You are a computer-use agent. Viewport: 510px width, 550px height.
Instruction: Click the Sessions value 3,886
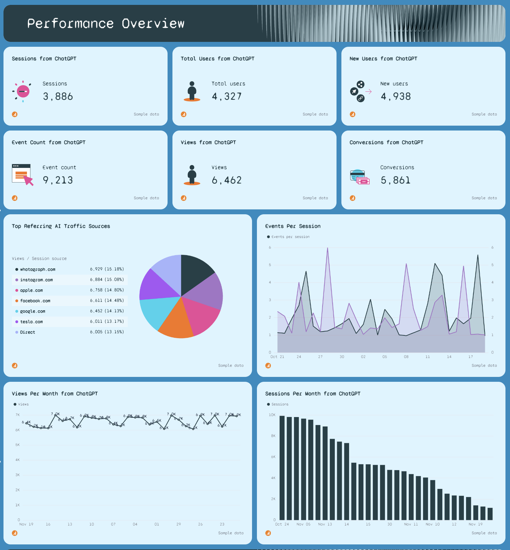[58, 97]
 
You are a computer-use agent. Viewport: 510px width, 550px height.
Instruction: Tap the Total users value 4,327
[227, 97]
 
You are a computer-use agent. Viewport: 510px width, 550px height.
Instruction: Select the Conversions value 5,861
[396, 180]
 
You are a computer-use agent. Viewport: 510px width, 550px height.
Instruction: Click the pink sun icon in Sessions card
[23, 91]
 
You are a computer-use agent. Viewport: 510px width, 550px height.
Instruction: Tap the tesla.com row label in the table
[31, 322]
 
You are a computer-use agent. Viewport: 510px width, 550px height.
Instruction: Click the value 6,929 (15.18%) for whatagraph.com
[107, 269]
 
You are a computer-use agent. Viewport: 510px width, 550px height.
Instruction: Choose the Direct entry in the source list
[28, 332]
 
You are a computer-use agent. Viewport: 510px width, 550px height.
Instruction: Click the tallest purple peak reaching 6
[327, 248]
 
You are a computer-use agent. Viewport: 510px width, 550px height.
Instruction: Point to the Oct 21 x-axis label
[277, 357]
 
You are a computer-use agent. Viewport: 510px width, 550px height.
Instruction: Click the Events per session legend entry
[290, 237]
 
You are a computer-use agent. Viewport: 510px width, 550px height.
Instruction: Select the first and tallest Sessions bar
[282, 468]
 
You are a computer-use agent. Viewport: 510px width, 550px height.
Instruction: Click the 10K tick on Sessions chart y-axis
[272, 415]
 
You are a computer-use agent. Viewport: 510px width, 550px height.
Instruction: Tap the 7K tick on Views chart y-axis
[17, 415]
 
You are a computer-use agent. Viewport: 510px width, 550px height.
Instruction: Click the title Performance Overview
[105, 24]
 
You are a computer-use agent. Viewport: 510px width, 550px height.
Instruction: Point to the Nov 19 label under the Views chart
[26, 524]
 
